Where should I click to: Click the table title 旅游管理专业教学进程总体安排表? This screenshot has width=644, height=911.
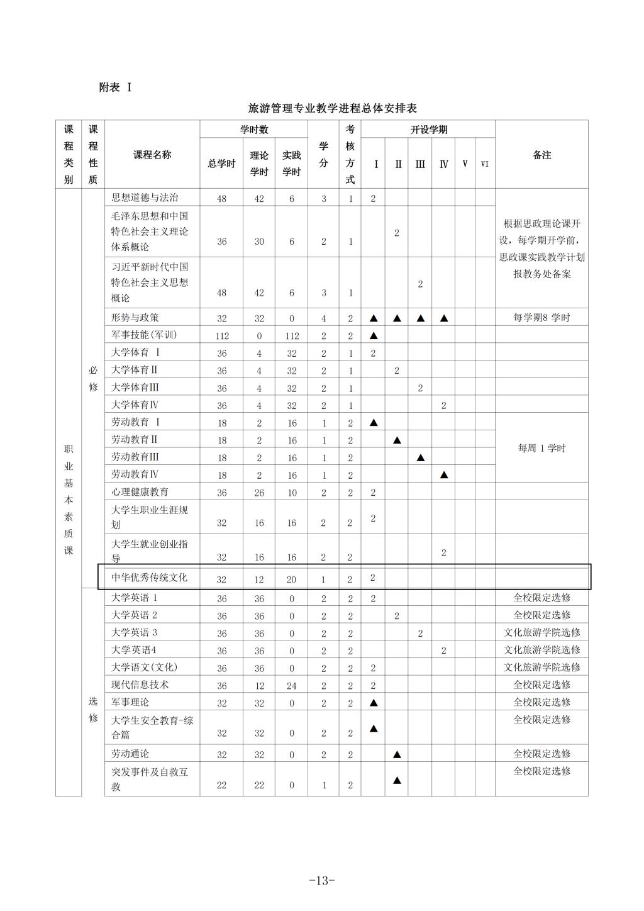tap(333, 108)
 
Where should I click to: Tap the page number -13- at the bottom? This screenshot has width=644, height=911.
tap(322, 880)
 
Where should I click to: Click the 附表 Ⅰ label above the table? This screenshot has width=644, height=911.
tap(115, 87)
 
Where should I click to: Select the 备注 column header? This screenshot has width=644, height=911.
tap(541, 155)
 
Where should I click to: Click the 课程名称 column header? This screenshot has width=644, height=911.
tap(152, 155)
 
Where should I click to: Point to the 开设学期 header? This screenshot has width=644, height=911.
tap(428, 130)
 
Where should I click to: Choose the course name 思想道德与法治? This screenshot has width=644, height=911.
tap(145, 198)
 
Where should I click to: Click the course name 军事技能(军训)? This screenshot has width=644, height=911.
tap(144, 335)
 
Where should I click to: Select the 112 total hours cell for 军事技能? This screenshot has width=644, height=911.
tap(221, 336)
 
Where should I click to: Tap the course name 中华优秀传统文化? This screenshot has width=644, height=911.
tap(149, 577)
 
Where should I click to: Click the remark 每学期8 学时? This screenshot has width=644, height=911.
tap(541, 318)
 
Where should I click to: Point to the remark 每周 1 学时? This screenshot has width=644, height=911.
tap(541, 448)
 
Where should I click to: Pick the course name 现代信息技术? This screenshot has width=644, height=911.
tap(140, 685)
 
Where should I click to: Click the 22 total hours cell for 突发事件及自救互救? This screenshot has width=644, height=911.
tap(221, 785)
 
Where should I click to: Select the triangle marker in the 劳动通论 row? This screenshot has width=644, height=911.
tap(397, 754)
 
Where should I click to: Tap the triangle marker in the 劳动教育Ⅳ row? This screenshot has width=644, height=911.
tap(443, 475)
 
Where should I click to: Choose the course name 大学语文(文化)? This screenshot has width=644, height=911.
tap(144, 667)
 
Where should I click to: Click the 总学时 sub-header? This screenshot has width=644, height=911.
tap(221, 164)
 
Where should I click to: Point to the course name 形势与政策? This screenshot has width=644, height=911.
tap(135, 318)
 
